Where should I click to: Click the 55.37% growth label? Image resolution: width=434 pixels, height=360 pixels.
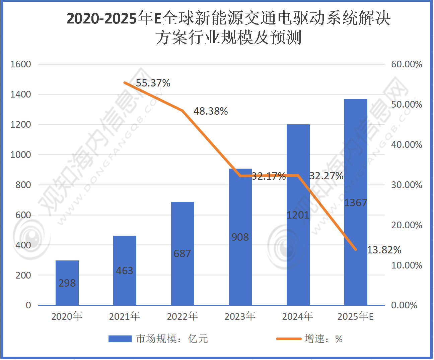[153, 83]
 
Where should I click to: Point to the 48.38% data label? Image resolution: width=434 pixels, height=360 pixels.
[211, 111]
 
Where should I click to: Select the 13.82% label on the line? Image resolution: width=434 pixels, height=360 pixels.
[384, 250]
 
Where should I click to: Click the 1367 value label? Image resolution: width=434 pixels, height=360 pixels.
[356, 202]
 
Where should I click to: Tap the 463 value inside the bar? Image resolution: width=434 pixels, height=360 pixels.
[125, 271]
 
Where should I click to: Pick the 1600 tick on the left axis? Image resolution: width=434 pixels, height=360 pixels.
[21, 64]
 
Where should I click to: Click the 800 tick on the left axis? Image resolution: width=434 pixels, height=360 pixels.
[23, 185]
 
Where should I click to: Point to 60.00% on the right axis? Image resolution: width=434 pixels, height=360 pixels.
[407, 64]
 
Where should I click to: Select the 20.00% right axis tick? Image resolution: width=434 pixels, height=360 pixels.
[407, 225]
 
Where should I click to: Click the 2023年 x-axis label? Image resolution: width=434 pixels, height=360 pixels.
[240, 316]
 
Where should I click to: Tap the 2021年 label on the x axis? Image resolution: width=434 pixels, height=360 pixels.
[125, 316]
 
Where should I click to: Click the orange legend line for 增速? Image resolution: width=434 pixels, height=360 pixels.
[289, 339]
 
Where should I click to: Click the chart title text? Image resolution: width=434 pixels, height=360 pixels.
[228, 27]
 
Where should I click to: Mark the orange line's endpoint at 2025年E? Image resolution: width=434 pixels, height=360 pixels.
[356, 249]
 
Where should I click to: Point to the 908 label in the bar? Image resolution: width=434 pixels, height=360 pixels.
[240, 237]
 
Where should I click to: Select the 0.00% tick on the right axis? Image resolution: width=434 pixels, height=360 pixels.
[404, 305]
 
